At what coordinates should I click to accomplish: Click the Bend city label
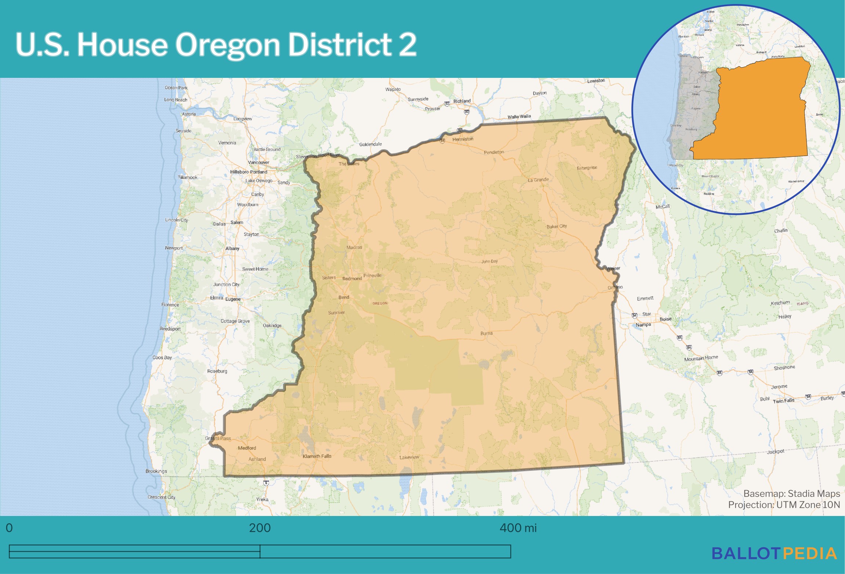(344, 297)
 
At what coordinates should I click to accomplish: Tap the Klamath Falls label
(317, 456)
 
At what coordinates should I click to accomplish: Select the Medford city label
(247, 448)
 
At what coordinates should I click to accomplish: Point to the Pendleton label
(494, 152)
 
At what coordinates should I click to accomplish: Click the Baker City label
(556, 226)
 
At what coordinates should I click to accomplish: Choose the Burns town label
(486, 333)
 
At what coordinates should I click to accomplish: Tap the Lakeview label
(409, 457)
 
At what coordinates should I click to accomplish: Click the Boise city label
(666, 319)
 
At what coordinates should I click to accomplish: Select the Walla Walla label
(519, 116)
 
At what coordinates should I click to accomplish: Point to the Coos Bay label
(162, 357)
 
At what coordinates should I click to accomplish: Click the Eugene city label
(233, 299)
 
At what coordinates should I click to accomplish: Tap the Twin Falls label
(783, 401)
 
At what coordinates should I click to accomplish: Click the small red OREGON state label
(380, 303)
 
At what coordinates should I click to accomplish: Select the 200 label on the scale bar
(260, 528)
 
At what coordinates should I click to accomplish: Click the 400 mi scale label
(518, 528)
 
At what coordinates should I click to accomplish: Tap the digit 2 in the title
(407, 44)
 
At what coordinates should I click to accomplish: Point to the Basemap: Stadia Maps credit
(791, 494)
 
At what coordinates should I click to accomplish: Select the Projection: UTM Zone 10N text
(784, 505)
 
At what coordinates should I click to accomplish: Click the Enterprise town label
(587, 168)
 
